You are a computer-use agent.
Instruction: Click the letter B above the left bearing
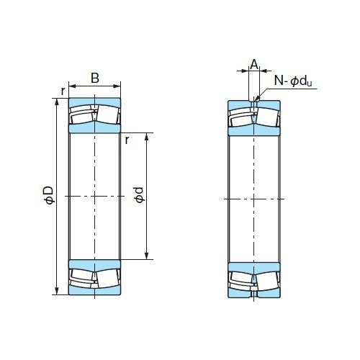(95, 78)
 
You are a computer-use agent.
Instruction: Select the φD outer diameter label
(48, 195)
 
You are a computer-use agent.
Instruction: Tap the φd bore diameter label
(139, 195)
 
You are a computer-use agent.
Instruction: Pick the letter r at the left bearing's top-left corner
(63, 91)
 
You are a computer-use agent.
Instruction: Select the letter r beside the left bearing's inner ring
(127, 140)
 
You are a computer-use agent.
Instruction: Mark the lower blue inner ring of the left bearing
(95, 262)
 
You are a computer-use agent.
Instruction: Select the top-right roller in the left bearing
(108, 115)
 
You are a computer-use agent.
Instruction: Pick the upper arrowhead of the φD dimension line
(57, 100)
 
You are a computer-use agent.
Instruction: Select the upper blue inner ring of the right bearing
(253, 130)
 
